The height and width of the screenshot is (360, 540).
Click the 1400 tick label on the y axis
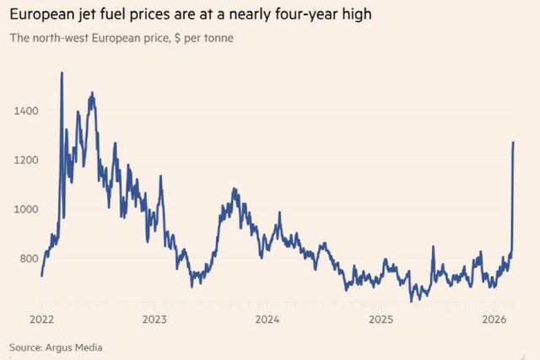tap(25, 110)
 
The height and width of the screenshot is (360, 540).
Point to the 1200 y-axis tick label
tap(25, 159)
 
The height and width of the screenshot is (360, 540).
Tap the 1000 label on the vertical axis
tap(25, 209)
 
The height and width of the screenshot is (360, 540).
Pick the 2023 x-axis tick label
tap(154, 320)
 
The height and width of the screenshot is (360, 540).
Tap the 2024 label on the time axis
tap(267, 320)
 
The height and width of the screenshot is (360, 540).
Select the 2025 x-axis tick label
tap(381, 320)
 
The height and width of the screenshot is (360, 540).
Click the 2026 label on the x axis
tap(494, 320)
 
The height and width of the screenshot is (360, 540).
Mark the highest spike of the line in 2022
tap(62, 73)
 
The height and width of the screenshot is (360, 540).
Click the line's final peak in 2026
tap(514, 142)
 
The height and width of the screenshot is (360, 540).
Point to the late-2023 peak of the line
tap(234, 190)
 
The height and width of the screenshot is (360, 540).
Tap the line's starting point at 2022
tap(41, 275)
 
